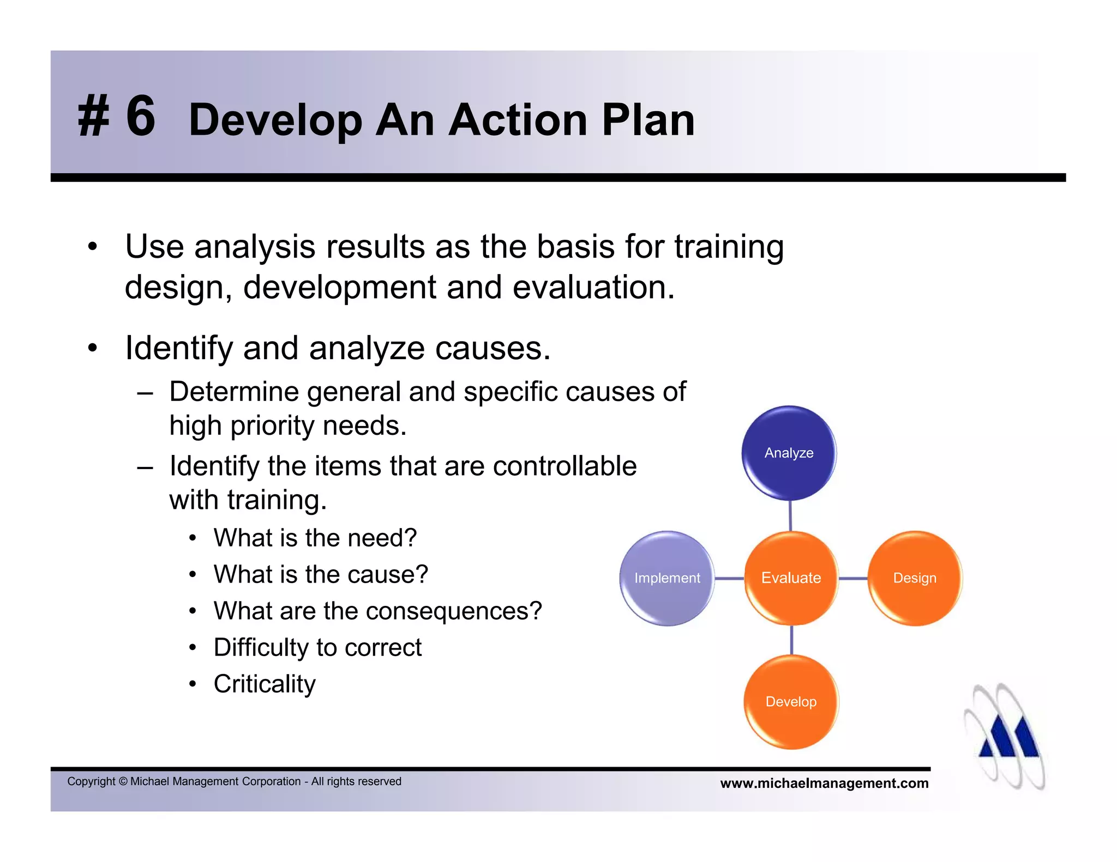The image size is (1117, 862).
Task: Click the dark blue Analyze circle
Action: point(789,453)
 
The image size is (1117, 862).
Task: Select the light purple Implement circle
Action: point(667,578)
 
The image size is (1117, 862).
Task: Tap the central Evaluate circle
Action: point(791,578)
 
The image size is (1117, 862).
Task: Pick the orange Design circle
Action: point(915,578)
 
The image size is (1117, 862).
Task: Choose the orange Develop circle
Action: point(791,702)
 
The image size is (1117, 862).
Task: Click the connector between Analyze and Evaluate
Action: point(790,515)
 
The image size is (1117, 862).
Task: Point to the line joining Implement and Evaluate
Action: point(729,578)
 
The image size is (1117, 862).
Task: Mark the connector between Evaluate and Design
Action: point(853,578)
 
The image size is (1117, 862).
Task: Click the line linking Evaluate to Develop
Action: point(791,640)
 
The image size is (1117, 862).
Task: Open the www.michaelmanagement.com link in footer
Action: point(824,784)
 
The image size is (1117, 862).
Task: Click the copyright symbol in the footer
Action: point(123,781)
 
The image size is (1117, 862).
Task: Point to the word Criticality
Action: point(265,684)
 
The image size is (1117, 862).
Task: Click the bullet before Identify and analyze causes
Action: point(92,348)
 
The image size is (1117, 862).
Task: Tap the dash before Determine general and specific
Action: point(145,392)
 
